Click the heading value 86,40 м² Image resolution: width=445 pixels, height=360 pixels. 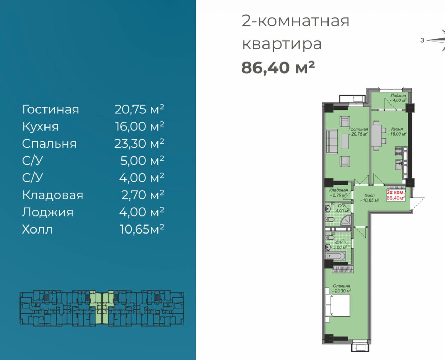pyautogui.click(x=278, y=68)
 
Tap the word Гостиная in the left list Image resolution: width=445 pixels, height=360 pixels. pyautogui.click(x=50, y=109)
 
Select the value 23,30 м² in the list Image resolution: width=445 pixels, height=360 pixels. pyautogui.click(x=139, y=144)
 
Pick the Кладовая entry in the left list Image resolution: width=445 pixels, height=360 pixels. pyautogui.click(x=52, y=195)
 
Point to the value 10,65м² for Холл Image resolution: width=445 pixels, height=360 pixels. pyautogui.click(x=142, y=229)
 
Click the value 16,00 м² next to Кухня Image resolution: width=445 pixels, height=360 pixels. pyautogui.click(x=139, y=126)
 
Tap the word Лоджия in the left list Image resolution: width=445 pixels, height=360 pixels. pyautogui.click(x=48, y=213)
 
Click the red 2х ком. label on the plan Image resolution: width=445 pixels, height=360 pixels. pyautogui.click(x=396, y=192)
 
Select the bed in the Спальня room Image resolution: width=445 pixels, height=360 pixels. pyautogui.click(x=338, y=305)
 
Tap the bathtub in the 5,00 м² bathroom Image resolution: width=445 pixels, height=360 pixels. pyautogui.click(x=335, y=256)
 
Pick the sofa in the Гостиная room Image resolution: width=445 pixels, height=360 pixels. pyautogui.click(x=332, y=141)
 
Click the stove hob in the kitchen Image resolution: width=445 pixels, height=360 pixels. pyautogui.click(x=398, y=151)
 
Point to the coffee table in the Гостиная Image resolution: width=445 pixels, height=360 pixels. pyautogui.click(x=345, y=141)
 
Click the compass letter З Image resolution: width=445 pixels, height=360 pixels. pyautogui.click(x=422, y=40)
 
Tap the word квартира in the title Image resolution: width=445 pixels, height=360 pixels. pyautogui.click(x=282, y=44)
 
